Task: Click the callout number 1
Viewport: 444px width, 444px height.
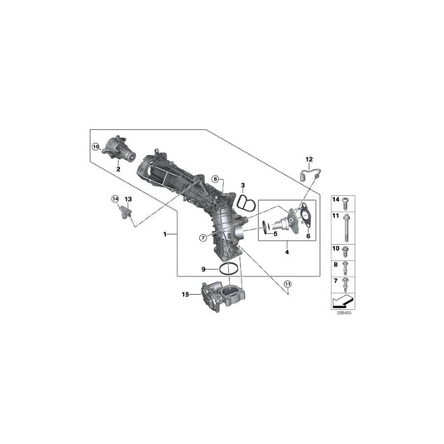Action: coord(166,234)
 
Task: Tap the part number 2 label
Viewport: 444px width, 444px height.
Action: coord(119,169)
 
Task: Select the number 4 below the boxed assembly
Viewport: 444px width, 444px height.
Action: coord(287,251)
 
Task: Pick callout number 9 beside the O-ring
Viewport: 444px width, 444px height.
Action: coord(202,269)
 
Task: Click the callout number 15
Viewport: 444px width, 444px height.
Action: coord(186,294)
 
